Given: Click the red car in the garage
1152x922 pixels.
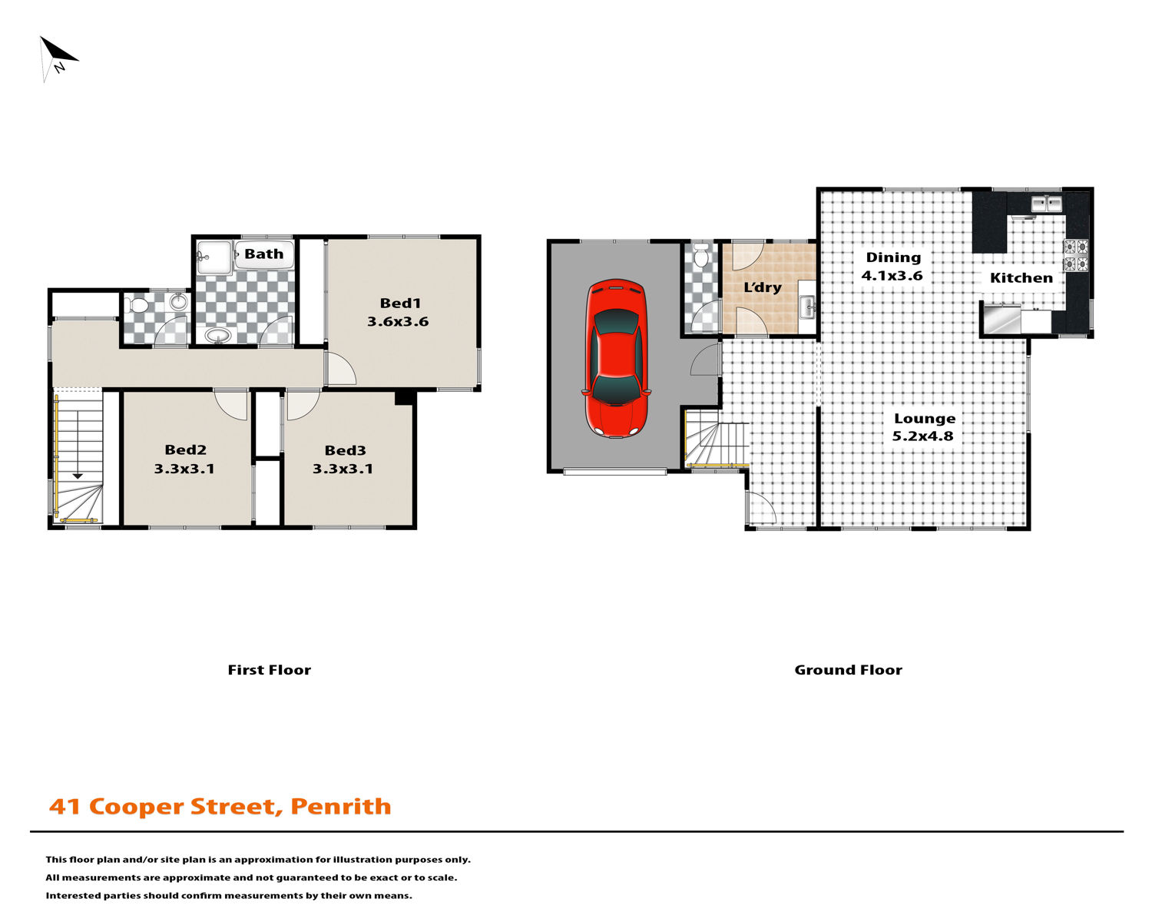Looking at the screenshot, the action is tap(616, 358).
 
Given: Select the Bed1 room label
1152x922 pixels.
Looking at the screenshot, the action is tap(400, 303).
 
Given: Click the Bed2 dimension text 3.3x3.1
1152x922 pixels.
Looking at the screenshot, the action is tap(184, 469).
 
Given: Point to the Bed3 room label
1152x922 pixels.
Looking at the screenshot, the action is tap(346, 450).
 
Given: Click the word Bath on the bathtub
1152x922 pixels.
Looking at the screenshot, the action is tap(264, 254).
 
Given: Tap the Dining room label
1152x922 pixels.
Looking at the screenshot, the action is tap(893, 257).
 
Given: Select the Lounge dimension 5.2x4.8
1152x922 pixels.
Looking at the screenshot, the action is tap(922, 436).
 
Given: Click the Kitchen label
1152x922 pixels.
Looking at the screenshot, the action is tap(1021, 278).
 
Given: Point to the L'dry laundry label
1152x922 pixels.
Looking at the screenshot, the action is tap(763, 287).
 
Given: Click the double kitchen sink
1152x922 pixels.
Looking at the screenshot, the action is tap(1047, 204).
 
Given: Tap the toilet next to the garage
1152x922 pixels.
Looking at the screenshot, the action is tap(700, 256).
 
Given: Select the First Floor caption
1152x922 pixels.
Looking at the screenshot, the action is tap(270, 670).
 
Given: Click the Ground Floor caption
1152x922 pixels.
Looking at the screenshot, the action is tap(848, 670).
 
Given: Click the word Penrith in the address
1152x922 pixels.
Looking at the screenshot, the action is tap(340, 807).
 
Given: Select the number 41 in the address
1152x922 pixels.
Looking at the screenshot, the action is tap(65, 808).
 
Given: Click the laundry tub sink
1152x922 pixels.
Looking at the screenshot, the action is tap(806, 307).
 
